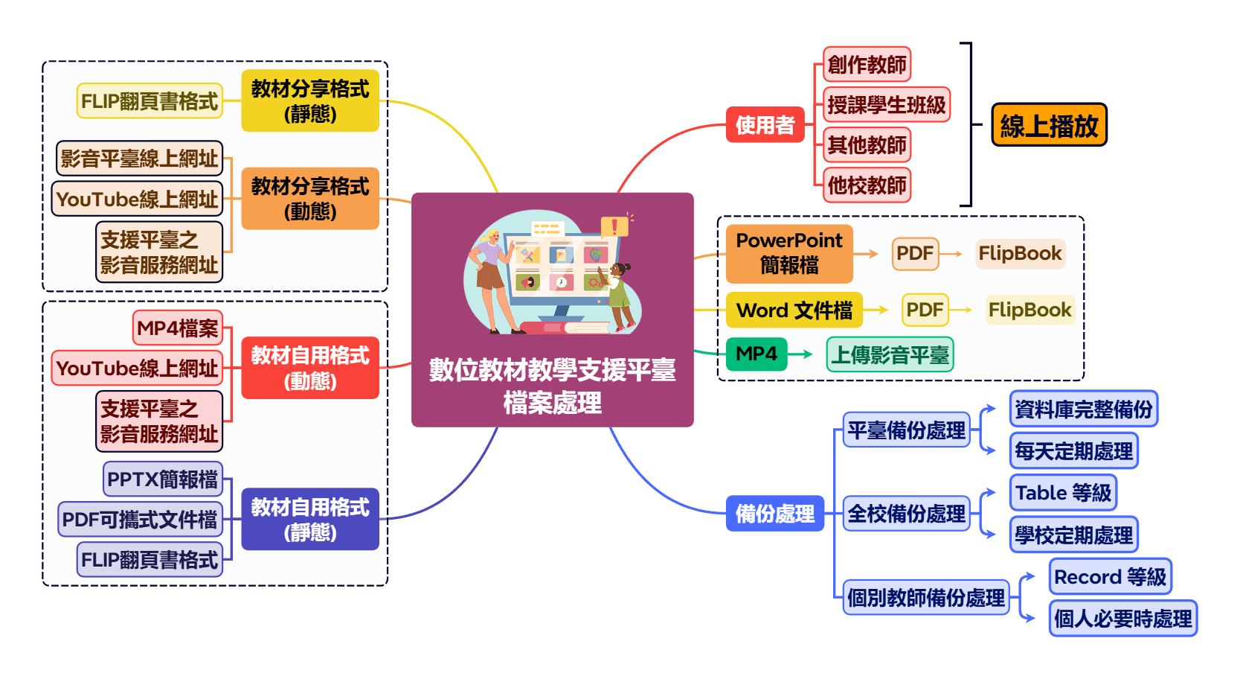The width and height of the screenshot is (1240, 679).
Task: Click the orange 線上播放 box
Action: pos(1049,125)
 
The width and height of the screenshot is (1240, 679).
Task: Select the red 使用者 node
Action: pos(765,125)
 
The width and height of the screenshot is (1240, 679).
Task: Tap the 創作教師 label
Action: pos(867,65)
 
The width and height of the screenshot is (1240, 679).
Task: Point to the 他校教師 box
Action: pos(867,185)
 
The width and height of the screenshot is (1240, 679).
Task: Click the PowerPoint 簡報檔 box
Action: pos(788,253)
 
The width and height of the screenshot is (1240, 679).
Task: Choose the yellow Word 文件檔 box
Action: pos(794,310)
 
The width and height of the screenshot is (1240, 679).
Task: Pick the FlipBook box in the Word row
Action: pos(1029,310)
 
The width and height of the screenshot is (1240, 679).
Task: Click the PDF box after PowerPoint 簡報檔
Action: pos(914,253)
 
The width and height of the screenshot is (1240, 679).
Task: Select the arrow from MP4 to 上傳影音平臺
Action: pos(800,354)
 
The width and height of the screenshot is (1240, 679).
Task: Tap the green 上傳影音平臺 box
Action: pos(890,354)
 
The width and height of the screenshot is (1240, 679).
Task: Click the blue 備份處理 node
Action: pos(774,514)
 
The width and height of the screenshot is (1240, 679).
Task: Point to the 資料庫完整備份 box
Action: pos(1083,409)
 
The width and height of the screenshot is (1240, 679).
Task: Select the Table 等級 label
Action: pos(1063,493)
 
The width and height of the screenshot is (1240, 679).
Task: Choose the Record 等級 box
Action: pos(1110,577)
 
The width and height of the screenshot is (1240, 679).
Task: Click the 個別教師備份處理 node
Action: pos(925,598)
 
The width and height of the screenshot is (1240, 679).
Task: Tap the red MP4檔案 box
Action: pos(177,328)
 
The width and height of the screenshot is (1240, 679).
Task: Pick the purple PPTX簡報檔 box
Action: pos(163,479)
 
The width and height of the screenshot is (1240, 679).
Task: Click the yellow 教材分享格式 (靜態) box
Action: pos(310,101)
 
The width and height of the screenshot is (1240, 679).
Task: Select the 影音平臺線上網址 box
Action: pos(139,159)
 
